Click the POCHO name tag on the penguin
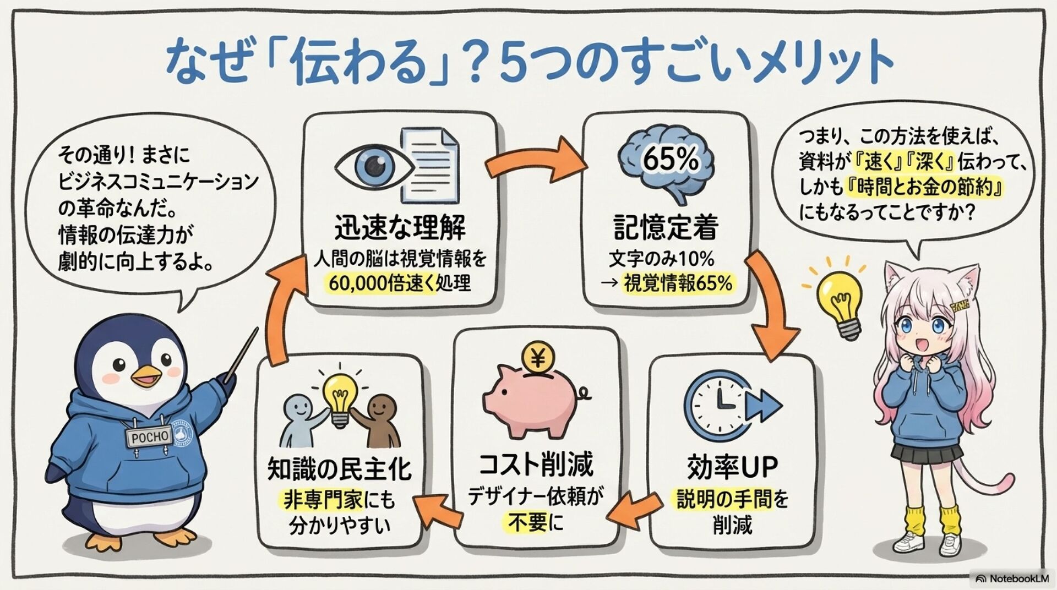149,437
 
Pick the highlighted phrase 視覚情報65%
678,283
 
